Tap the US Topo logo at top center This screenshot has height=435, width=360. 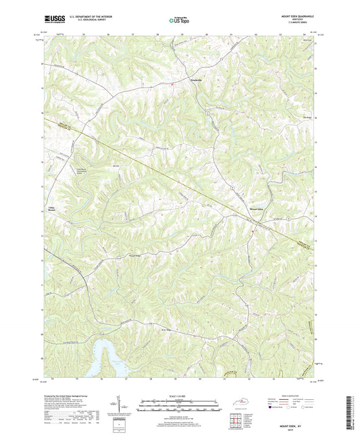(178, 20)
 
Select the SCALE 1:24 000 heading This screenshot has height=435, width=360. (180, 396)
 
